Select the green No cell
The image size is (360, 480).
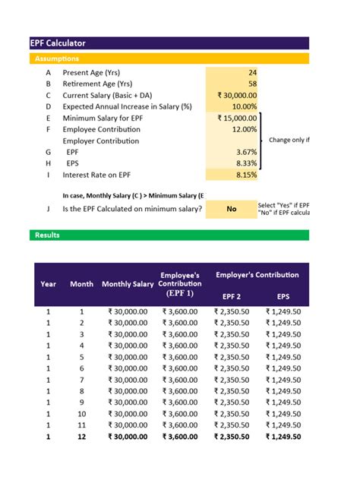click(231, 208)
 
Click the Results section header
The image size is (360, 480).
click(47, 235)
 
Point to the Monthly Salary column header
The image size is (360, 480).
click(128, 284)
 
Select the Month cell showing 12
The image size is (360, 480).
click(82, 437)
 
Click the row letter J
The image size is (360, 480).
click(48, 208)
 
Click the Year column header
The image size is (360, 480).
click(48, 284)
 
